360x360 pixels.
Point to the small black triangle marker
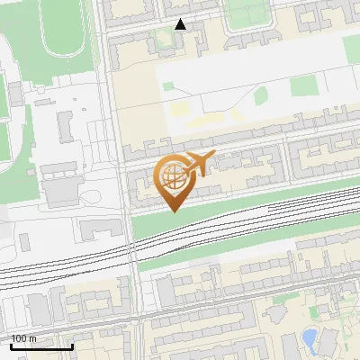coord(181,24)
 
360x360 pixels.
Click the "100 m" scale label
coord(24,338)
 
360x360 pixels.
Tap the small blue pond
coord(309,339)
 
